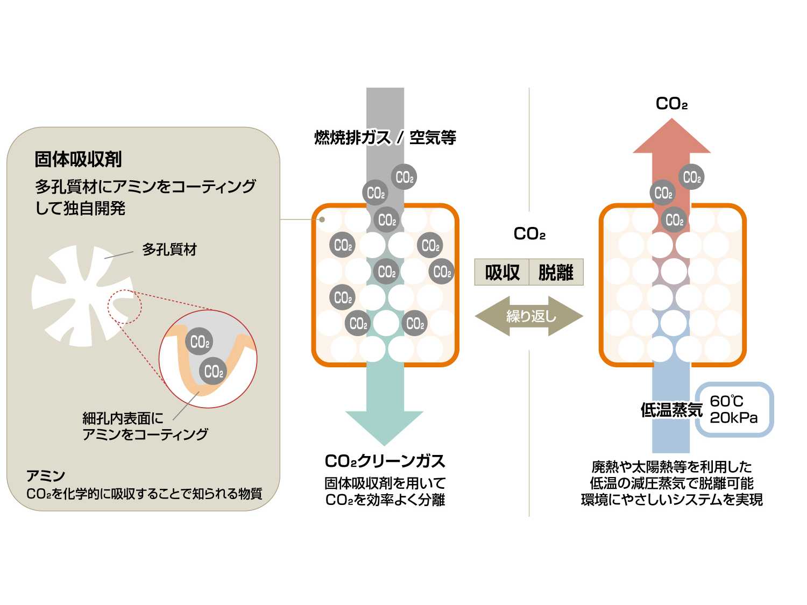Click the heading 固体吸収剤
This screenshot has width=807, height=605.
[x=78, y=159]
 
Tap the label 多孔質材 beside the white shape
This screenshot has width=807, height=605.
[x=169, y=250]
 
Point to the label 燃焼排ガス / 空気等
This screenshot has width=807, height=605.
[x=385, y=138]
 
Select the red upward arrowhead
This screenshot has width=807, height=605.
[x=671, y=138]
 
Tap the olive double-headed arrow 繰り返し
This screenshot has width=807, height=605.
[x=529, y=316]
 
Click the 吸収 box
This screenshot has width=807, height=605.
[x=502, y=272]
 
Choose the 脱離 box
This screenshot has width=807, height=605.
[x=556, y=272]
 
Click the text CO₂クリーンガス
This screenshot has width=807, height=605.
[x=385, y=461]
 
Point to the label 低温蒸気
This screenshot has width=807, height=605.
[x=671, y=410]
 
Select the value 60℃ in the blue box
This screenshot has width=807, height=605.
[x=726, y=401]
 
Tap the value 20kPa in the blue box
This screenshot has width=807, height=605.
[x=734, y=418]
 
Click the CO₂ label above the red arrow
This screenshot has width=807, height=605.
[x=671, y=104]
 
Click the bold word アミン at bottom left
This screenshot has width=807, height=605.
[x=46, y=476]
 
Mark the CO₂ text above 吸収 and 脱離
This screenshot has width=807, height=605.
[x=529, y=234]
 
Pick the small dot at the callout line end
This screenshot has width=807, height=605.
[x=322, y=219]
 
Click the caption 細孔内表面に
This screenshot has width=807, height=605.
[x=123, y=418]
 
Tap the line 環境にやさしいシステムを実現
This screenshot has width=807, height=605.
[x=671, y=500]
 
